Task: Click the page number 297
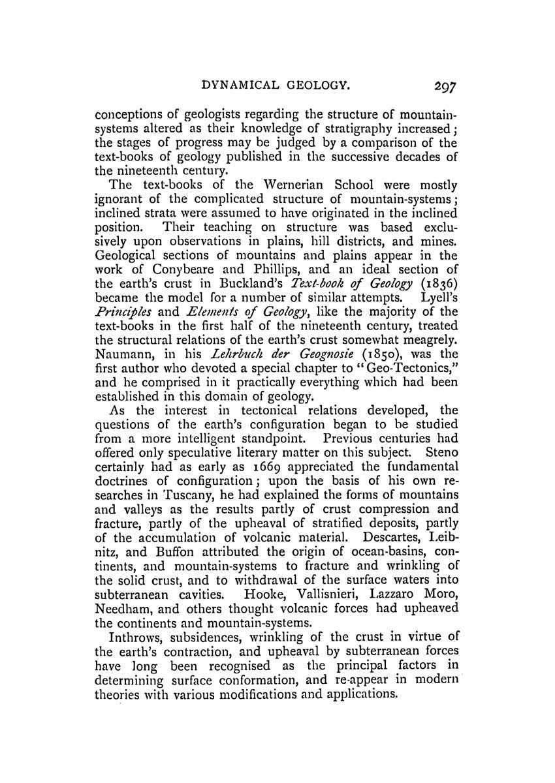441,85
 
